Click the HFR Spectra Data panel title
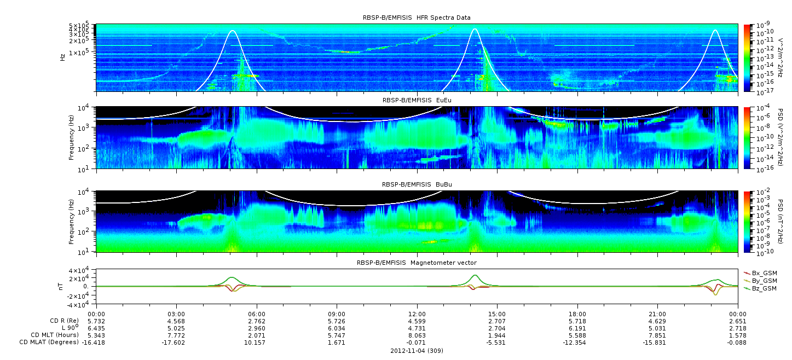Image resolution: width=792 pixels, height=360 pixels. (x=417, y=18)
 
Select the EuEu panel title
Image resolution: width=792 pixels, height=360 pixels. (x=417, y=100)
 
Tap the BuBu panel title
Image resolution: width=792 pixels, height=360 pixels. (x=417, y=184)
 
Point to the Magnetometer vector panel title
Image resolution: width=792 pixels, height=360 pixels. (x=417, y=263)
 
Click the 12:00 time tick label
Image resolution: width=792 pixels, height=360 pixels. (x=417, y=315)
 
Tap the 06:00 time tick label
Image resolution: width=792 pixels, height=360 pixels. (x=257, y=315)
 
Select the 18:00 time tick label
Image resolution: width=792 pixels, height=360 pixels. (x=577, y=315)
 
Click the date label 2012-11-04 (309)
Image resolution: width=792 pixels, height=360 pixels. (x=417, y=351)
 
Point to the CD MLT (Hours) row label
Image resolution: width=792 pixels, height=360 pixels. (x=54, y=335)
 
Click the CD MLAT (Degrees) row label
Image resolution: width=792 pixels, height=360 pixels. (x=49, y=342)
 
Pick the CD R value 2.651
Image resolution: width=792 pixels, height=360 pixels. (x=738, y=322)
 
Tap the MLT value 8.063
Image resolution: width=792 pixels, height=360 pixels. (x=417, y=335)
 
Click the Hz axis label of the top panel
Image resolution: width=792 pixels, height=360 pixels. (x=63, y=57)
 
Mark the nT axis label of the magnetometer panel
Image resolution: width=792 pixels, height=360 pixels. (x=60, y=287)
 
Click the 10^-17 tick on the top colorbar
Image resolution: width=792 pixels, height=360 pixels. (x=763, y=90)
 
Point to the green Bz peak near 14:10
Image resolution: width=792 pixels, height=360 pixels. (x=475, y=275)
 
